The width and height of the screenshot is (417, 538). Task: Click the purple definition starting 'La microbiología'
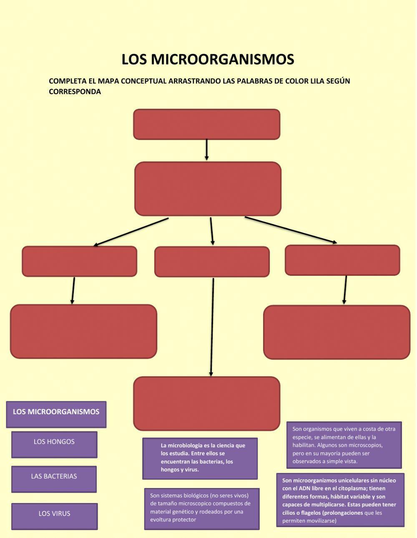[200, 458]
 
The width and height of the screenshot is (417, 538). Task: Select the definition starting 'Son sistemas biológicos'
[202, 508]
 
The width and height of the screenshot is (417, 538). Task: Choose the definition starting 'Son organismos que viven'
[344, 445]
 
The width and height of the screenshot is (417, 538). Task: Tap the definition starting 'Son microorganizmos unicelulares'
[340, 500]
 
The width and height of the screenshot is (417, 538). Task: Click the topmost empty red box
[206, 124]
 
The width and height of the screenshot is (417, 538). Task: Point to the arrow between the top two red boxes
[206, 150]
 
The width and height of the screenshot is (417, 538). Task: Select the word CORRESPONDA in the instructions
[75, 92]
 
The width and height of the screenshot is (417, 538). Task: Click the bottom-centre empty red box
[206, 403]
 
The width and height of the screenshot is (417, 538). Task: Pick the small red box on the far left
[79, 261]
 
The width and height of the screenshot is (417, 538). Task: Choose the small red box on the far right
[342, 260]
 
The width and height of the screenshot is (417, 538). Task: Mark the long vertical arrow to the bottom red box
[212, 327]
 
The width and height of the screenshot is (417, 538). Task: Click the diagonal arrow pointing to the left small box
[131, 232]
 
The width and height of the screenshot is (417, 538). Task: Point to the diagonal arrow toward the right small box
[291, 229]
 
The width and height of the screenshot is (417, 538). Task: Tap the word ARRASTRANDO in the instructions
[194, 81]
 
